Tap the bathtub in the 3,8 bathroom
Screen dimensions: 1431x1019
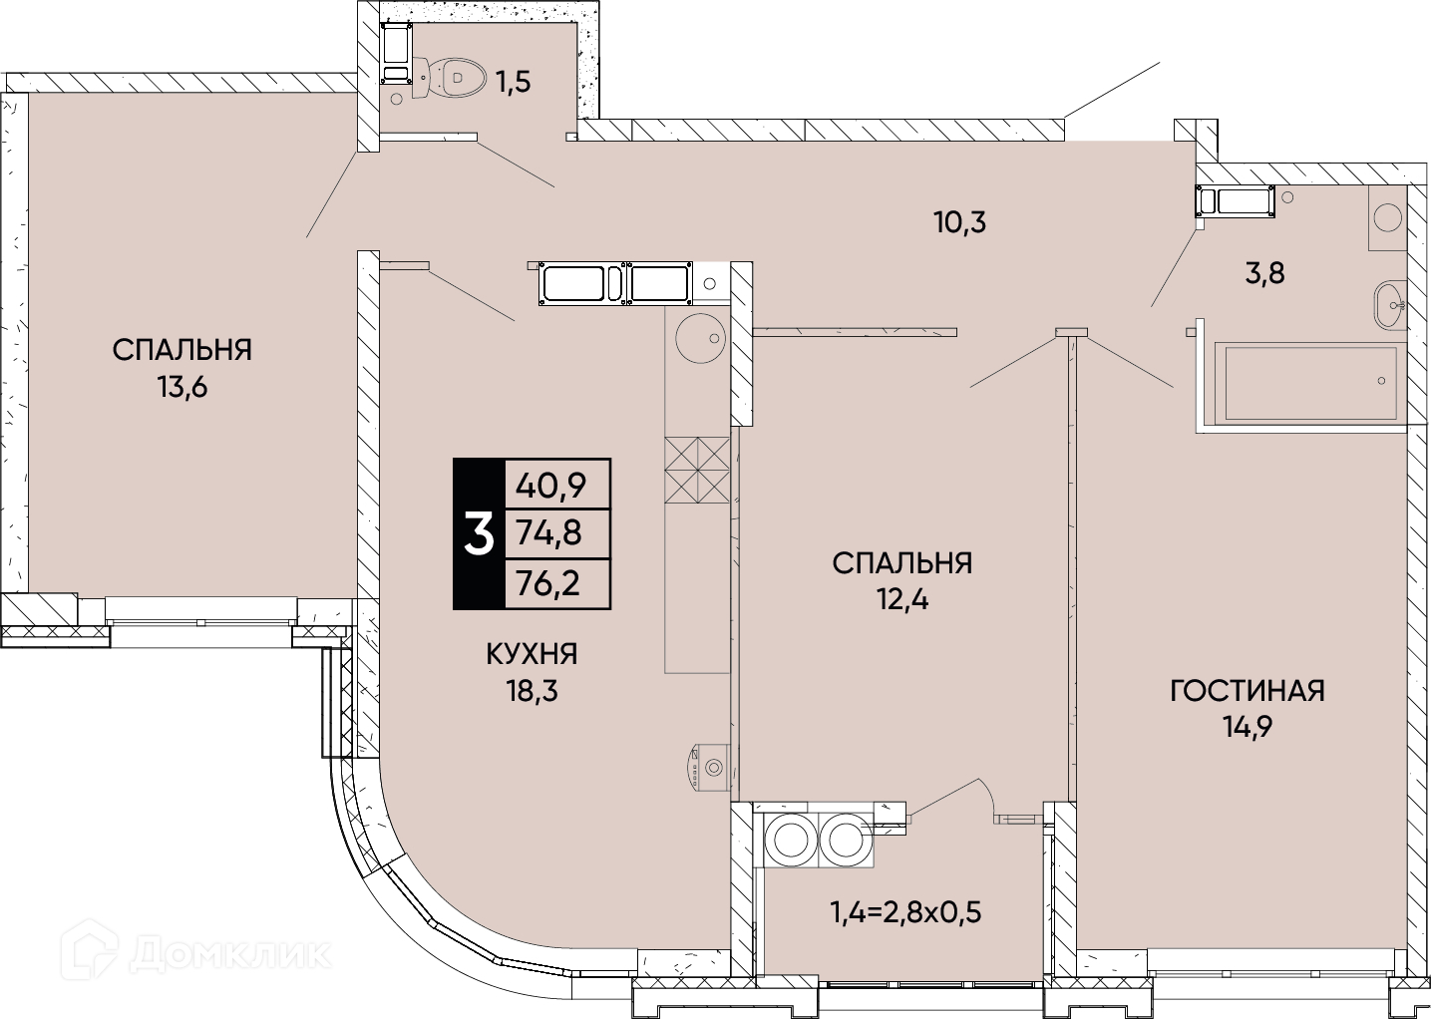click(x=1309, y=383)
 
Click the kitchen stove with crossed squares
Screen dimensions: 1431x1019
click(x=697, y=470)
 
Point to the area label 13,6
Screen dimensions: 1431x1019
click(x=182, y=387)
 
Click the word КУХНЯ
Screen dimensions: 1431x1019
click(x=532, y=655)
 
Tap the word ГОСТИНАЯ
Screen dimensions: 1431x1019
click(x=1248, y=691)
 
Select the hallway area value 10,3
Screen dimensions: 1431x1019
click(x=960, y=222)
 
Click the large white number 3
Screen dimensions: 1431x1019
click(x=479, y=535)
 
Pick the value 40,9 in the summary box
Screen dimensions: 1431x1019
click(x=550, y=487)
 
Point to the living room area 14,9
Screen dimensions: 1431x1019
click(x=1248, y=728)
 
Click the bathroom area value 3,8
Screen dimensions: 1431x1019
click(x=1264, y=273)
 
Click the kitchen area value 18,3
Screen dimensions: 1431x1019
click(x=533, y=691)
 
